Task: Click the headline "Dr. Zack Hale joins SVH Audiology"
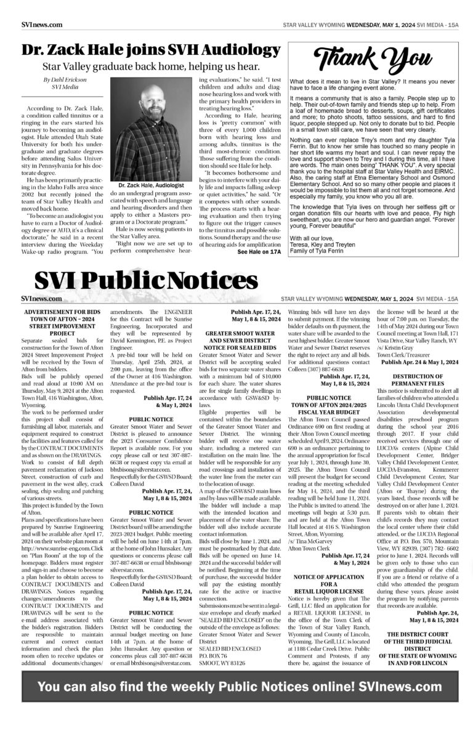point(150,50)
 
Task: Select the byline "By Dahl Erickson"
point(51,80)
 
